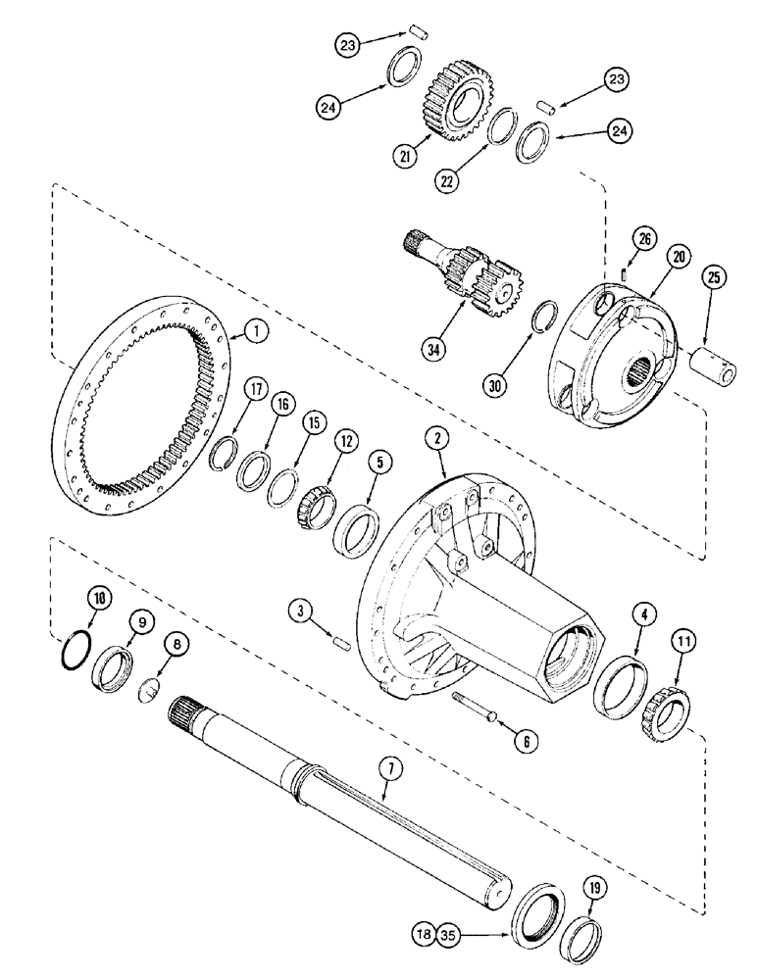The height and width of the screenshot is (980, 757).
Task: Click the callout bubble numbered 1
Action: [x=256, y=333]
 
